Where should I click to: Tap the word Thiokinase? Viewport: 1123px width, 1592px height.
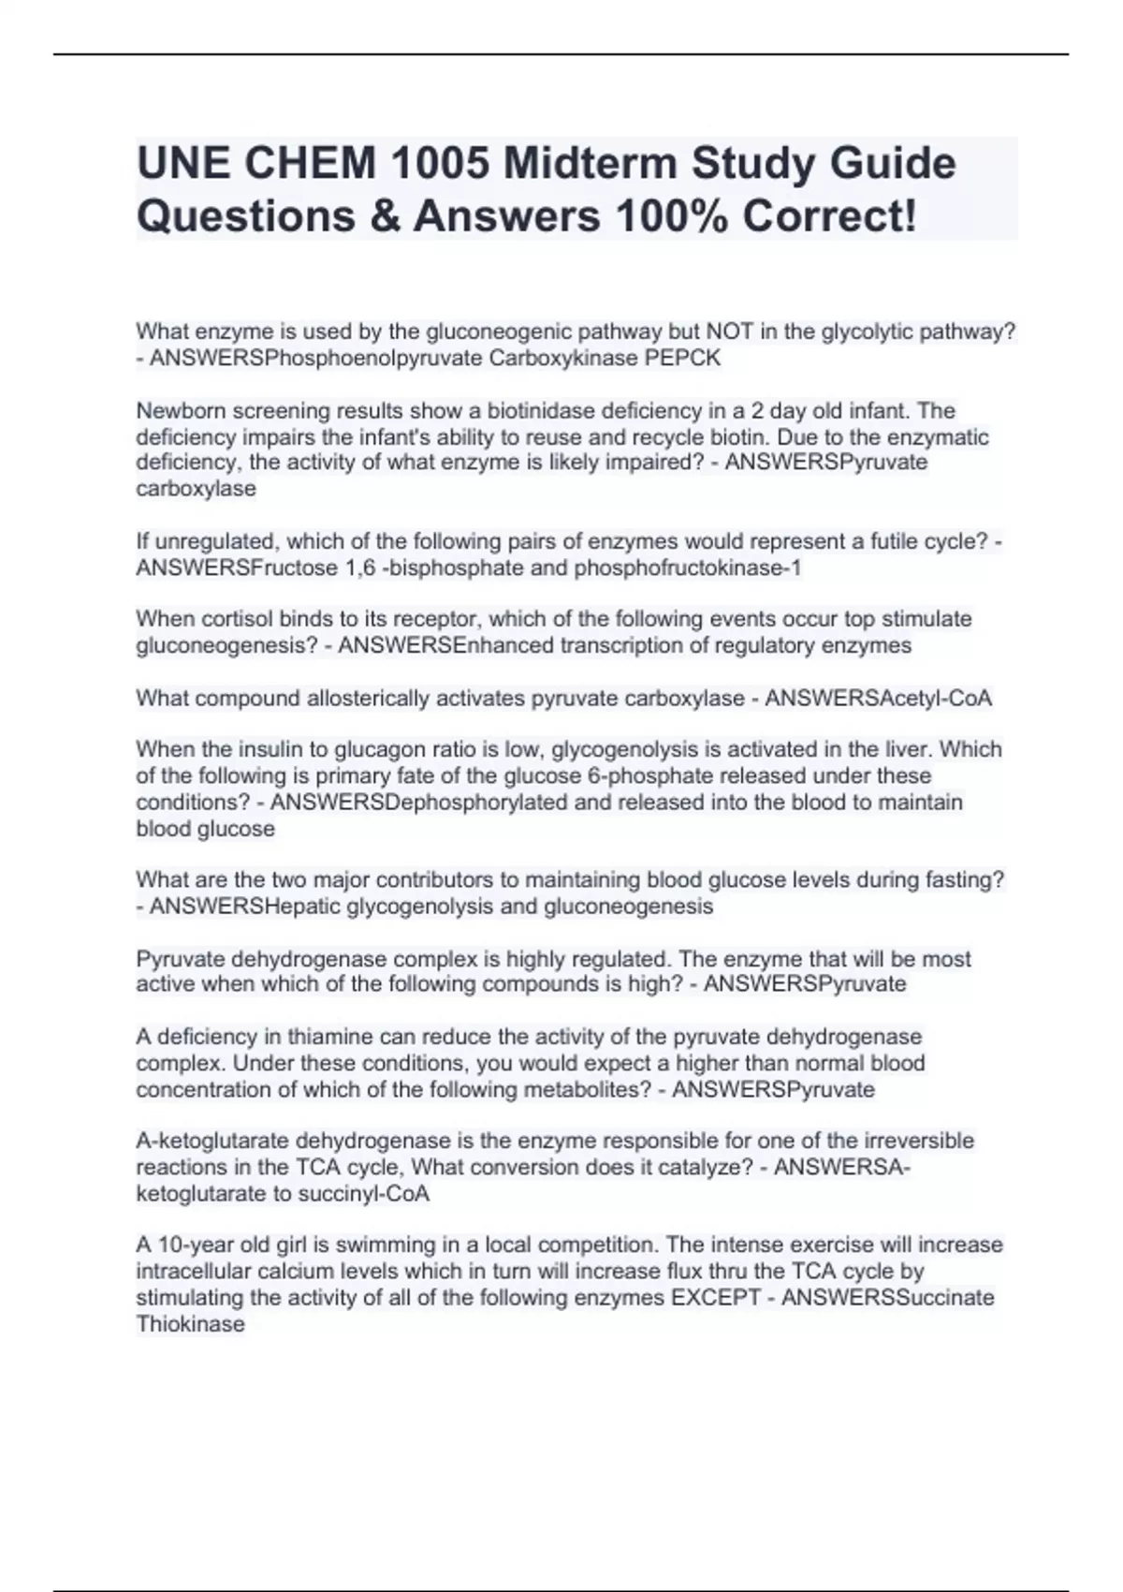click(x=191, y=1324)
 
